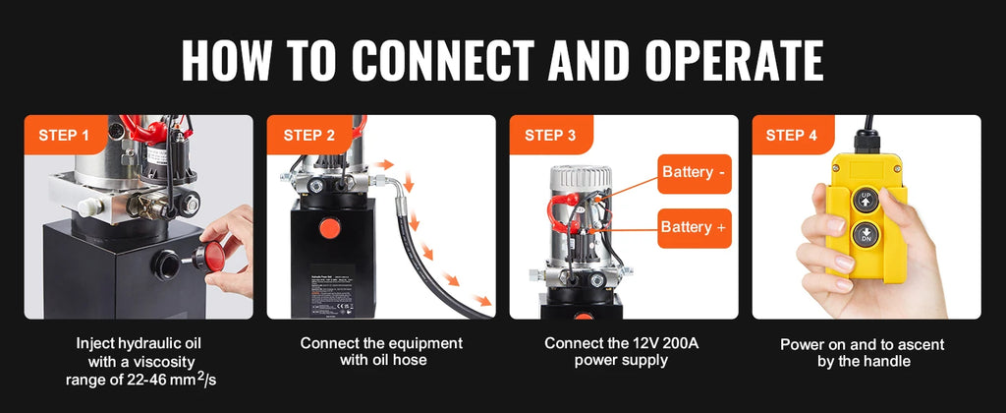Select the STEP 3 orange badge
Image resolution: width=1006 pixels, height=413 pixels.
550,135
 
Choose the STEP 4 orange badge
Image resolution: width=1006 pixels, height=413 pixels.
791,135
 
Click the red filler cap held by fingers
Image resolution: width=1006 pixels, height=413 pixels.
209,258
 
